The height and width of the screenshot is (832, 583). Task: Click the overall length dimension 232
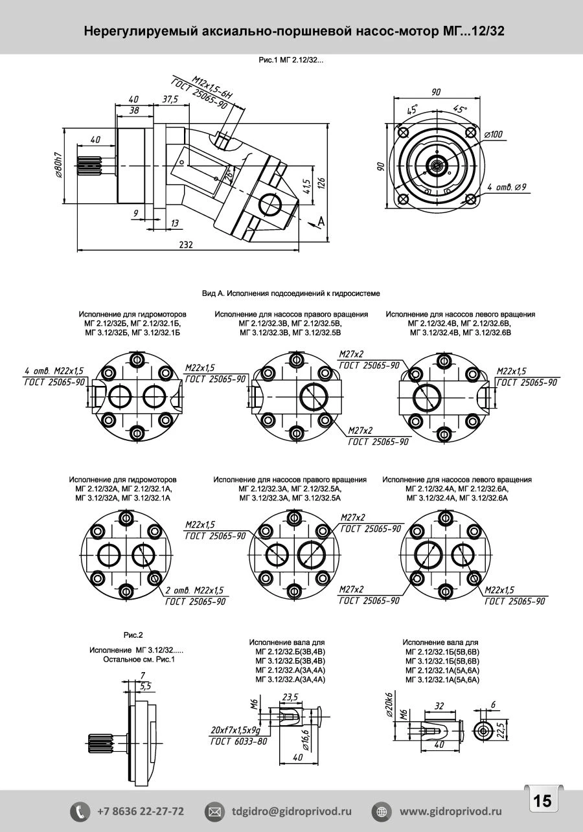[187, 245]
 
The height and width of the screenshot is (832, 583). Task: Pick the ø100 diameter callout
[494, 134]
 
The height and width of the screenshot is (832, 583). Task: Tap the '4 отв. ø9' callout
[507, 186]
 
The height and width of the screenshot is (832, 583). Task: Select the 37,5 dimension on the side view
[170, 100]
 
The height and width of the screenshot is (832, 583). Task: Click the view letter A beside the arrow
[321, 222]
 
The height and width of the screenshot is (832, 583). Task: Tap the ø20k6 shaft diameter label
[389, 704]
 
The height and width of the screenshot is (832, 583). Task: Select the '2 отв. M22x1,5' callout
[194, 590]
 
